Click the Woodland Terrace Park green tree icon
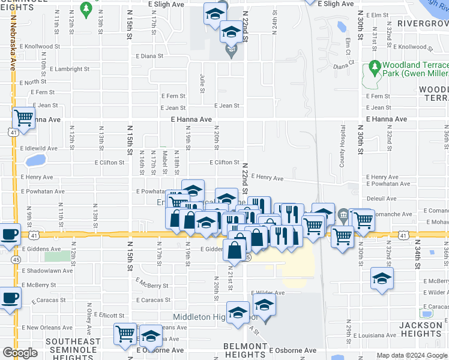[x=375, y=67]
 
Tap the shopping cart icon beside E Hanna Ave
[x=23, y=118]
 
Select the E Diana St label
[x=149, y=56]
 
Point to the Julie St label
[x=201, y=79]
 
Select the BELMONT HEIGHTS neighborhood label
[x=245, y=350]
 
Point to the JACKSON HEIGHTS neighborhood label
[x=421, y=329]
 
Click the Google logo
[x=20, y=353]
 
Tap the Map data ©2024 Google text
[x=412, y=355]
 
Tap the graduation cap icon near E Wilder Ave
[x=382, y=278]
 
